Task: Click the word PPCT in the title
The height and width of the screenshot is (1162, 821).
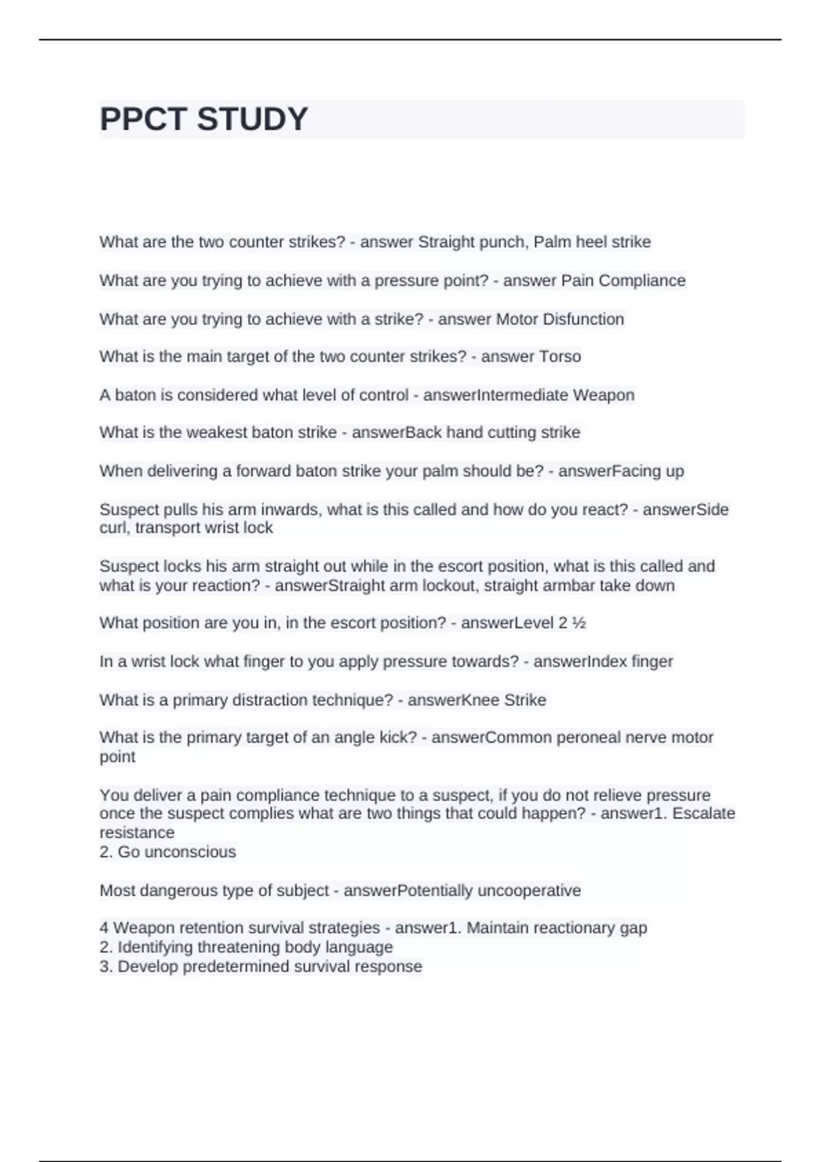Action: [x=144, y=119]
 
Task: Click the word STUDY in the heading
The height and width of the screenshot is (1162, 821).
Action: [x=252, y=119]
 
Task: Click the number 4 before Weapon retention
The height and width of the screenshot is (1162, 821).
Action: [x=104, y=928]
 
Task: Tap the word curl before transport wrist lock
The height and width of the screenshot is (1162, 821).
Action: [x=114, y=528]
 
